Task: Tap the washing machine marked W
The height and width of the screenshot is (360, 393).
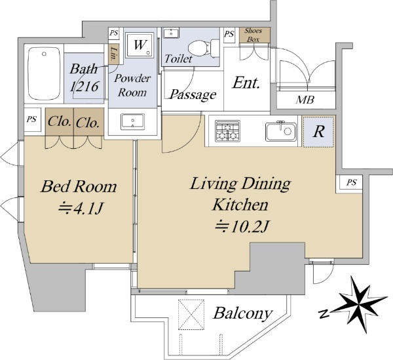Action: click(140, 45)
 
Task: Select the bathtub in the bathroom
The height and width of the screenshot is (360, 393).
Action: click(44, 73)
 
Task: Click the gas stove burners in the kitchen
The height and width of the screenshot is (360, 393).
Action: click(227, 130)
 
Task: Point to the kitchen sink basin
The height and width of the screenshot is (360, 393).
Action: click(281, 131)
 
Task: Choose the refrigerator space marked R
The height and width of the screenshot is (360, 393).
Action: click(318, 131)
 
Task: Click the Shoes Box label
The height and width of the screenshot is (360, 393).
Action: click(253, 35)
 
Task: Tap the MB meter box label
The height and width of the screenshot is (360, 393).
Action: click(305, 100)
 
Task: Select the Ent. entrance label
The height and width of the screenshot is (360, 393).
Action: click(246, 83)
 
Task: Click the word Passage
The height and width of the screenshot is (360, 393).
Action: click(193, 94)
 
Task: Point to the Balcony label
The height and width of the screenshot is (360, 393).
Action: click(243, 313)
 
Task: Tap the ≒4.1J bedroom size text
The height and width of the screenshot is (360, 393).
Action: click(81, 209)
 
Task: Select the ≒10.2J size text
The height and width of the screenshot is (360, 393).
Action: click(242, 226)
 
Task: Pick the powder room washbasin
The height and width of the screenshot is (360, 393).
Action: click(132, 122)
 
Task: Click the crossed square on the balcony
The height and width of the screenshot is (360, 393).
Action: click(191, 314)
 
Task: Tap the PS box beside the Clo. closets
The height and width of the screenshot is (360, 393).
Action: click(32, 119)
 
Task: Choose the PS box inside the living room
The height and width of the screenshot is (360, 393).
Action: click(351, 182)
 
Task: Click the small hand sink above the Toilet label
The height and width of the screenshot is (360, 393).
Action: click(172, 33)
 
